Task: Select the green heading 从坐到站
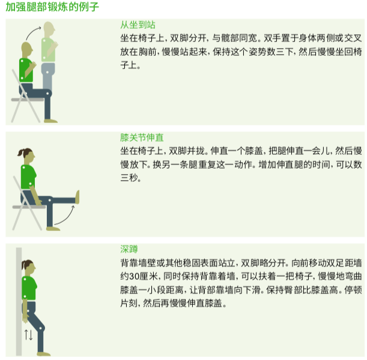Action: coord(138,25)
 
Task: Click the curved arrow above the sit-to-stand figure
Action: coord(37,29)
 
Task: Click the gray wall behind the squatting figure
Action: coord(19,300)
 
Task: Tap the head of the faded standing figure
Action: coord(50,29)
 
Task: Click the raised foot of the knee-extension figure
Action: coord(77,196)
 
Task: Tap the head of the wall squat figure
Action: coord(27,266)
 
